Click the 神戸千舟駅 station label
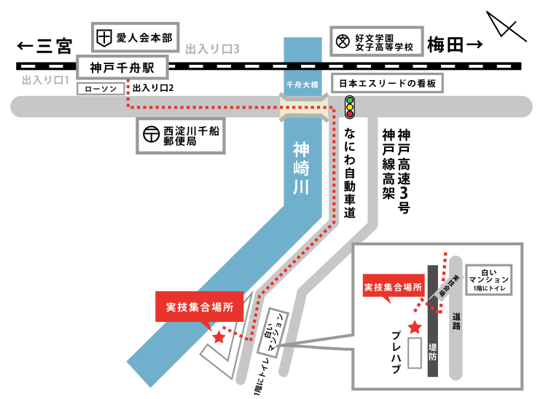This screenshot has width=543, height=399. pyautogui.click(x=122, y=68)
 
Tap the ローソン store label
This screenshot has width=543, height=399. pyautogui.click(x=101, y=89)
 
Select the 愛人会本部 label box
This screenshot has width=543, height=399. pyautogui.click(x=135, y=36)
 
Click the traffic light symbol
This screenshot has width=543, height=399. pyautogui.click(x=349, y=107)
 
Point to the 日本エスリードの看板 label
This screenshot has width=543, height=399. pyautogui.click(x=388, y=84)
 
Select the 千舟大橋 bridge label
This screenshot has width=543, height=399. pyautogui.click(x=302, y=85)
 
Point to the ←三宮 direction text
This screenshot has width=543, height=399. pyautogui.click(x=44, y=47)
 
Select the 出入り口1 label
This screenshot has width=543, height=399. pyautogui.click(x=44, y=79)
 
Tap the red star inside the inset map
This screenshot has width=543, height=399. pyautogui.click(x=415, y=327)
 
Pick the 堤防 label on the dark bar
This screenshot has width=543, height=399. pyautogui.click(x=433, y=353)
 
